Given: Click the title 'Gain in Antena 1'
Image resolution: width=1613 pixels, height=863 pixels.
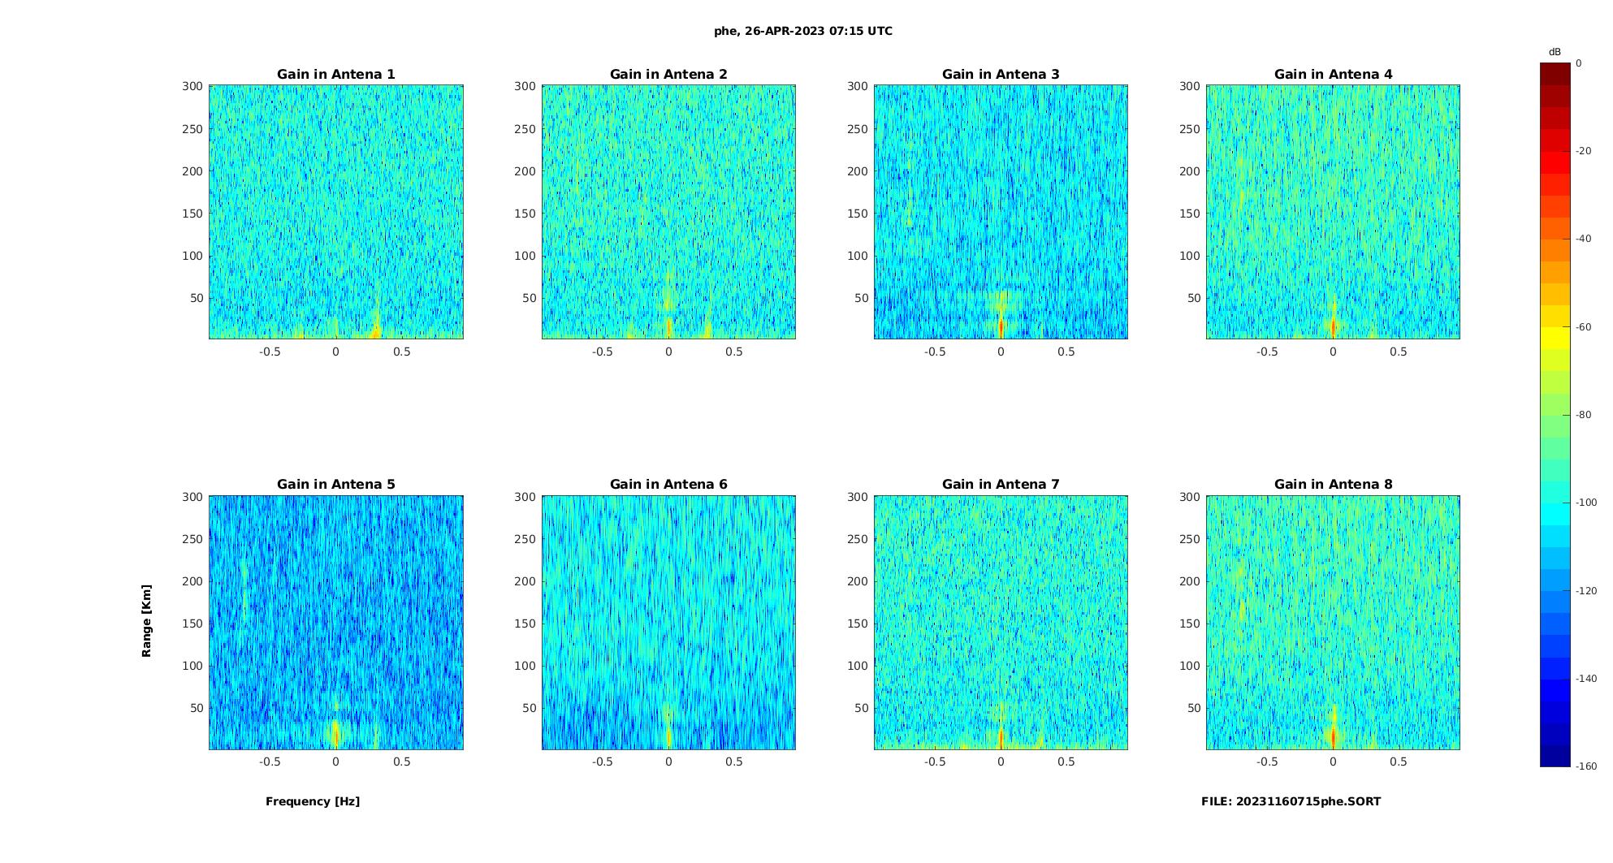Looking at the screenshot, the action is tap(335, 75).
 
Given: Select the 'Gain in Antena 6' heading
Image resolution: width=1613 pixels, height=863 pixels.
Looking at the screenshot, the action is tap(668, 485).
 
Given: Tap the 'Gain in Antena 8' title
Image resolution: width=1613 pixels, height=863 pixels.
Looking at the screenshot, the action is tap(1333, 485).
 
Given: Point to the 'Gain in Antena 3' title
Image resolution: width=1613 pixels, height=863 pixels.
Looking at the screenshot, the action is tap(1001, 75).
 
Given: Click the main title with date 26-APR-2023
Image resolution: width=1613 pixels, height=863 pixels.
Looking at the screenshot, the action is tap(803, 32).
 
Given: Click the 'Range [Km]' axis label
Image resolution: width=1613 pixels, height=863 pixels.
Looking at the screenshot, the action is tap(147, 621).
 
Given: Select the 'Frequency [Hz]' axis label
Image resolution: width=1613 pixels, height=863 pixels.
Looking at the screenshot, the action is tap(313, 801).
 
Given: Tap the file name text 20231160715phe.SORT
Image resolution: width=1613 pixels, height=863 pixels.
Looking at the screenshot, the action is tap(1291, 801).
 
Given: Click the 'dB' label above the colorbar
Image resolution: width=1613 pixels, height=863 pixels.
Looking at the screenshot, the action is tap(1555, 52).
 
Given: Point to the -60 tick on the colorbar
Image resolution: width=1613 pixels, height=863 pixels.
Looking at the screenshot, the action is tap(1583, 327).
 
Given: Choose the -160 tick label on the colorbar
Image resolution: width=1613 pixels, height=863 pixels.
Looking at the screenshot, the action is tap(1586, 766).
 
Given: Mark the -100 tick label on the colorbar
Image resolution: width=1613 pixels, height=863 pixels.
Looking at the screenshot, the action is tap(1586, 503).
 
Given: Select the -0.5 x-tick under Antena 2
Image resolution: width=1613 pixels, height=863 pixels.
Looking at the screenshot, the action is tap(602, 352).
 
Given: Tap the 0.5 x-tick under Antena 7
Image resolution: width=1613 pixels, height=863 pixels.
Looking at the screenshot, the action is tap(1066, 762).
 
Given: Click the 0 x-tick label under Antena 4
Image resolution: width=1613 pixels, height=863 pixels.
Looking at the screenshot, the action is tap(1333, 352).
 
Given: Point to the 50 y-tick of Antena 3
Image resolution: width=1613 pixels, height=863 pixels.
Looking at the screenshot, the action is tap(861, 298).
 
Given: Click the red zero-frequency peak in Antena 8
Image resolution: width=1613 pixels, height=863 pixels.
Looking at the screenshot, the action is tap(1333, 736).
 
